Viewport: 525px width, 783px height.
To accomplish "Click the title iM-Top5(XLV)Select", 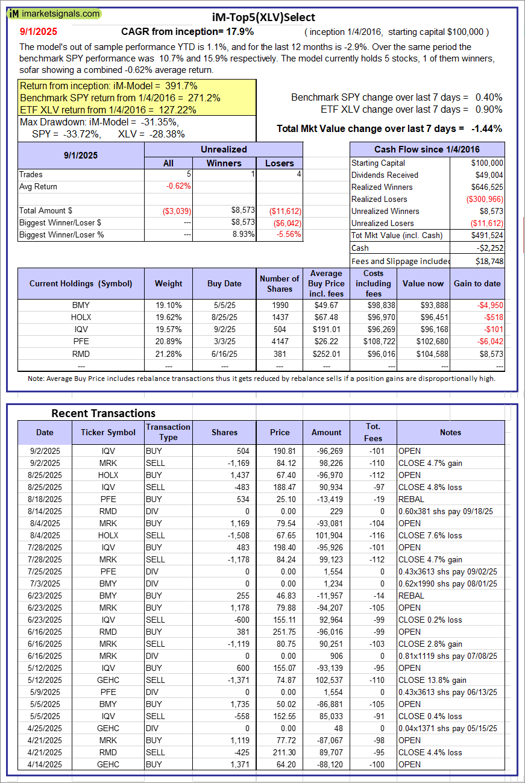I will [x=263, y=17].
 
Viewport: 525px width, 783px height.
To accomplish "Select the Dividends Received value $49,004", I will [x=488, y=175].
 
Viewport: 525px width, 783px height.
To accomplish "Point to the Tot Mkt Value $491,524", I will [x=488, y=235].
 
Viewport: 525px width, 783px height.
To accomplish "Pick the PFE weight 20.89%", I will [x=168, y=341].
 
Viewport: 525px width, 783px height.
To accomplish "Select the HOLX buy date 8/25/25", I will [x=224, y=317].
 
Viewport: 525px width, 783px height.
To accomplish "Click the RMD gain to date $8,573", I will [x=491, y=353].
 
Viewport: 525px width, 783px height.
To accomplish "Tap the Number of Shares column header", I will [x=279, y=283].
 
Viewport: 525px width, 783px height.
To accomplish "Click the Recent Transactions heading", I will [x=103, y=413].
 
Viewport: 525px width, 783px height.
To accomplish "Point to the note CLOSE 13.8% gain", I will [x=427, y=680].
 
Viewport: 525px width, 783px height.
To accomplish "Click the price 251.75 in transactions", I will [x=280, y=632].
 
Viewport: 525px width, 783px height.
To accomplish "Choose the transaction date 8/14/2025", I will [x=45, y=511].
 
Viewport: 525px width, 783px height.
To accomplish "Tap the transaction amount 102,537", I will [x=326, y=680].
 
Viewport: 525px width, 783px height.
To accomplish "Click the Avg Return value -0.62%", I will [x=178, y=186].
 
